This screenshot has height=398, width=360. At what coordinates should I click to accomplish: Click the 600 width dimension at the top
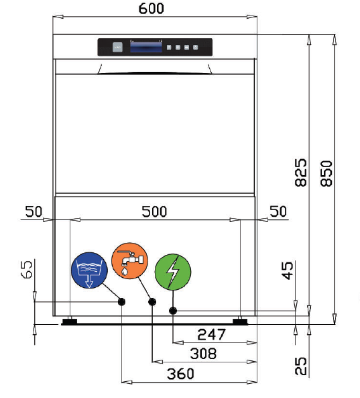(154, 9)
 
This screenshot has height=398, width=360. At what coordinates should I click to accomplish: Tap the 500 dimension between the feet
(154, 211)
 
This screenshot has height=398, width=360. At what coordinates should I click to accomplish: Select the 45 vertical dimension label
(287, 271)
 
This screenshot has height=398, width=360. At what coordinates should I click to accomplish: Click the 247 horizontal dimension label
(211, 334)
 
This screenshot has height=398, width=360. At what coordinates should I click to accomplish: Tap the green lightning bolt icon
(172, 272)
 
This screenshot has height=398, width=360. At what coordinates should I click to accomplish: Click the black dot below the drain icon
(121, 302)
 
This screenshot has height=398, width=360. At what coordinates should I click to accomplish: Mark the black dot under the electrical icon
(173, 310)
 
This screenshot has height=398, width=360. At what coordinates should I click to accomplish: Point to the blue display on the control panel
(145, 47)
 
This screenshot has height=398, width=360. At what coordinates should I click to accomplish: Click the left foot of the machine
(68, 321)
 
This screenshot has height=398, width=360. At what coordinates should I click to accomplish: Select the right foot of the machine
(240, 321)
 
